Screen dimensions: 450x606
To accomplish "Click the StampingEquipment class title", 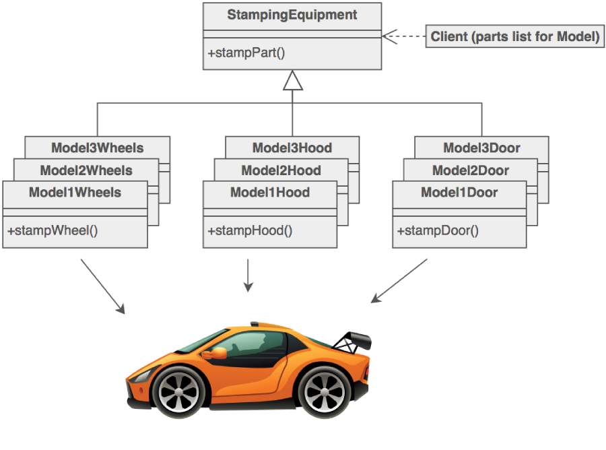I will click(292, 14).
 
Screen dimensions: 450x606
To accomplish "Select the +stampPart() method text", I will click(246, 53).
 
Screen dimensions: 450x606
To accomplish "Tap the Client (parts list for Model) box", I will click(514, 36).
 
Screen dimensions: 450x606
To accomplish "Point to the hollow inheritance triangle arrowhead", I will click(292, 82).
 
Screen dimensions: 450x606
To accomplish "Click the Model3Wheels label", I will click(97, 148).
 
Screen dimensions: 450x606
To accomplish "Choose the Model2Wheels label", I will click(86, 170).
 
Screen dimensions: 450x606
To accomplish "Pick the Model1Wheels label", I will click(75, 193).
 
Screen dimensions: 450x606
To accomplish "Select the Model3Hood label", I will click(292, 148).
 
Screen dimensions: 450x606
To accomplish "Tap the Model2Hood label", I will click(281, 170).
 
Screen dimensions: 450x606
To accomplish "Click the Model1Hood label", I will click(270, 193).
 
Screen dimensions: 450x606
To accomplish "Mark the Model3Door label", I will click(481, 148).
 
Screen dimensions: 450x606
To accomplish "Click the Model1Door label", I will click(459, 193).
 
